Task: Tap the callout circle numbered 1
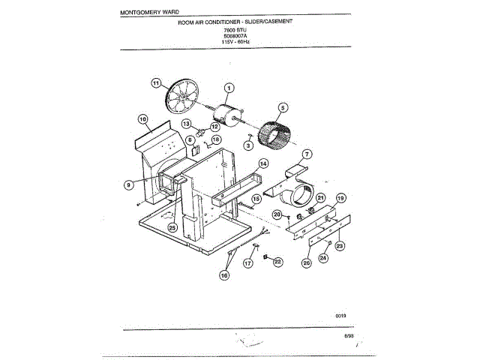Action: (229, 88)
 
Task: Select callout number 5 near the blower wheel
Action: (283, 106)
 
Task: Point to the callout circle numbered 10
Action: (142, 119)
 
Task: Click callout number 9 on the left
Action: (129, 182)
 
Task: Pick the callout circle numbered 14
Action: (263, 163)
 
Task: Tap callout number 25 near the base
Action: (172, 227)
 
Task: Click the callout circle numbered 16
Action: (224, 275)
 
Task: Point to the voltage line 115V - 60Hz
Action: (234, 42)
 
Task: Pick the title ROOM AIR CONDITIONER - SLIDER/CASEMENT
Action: (235, 23)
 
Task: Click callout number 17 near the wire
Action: (248, 263)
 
